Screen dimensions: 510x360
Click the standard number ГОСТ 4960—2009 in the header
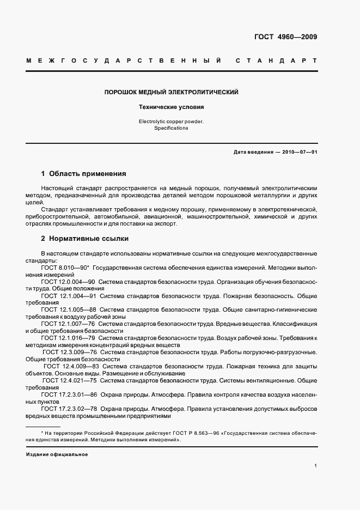[x=285, y=38]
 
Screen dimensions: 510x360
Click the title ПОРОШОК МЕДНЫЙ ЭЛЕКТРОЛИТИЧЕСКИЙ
[x=172, y=93]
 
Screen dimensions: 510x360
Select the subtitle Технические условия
[x=172, y=108]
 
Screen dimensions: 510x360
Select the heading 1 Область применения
[x=84, y=174]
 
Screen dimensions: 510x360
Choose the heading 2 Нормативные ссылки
[x=86, y=239]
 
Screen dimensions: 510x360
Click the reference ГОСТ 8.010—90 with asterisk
[x=65, y=268]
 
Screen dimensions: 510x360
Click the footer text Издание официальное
[x=57, y=454]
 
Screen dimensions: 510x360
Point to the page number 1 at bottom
[x=315, y=466]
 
